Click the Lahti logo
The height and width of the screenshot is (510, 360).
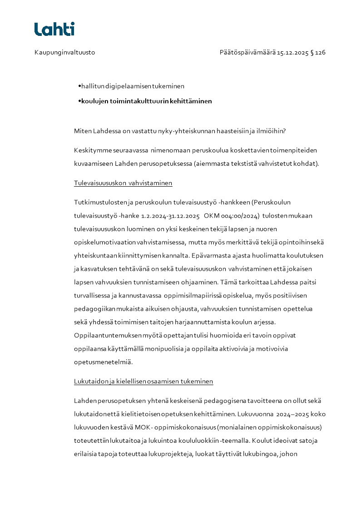pyautogui.click(x=54, y=29)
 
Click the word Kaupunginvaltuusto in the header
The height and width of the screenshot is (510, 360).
pyautogui.click(x=64, y=53)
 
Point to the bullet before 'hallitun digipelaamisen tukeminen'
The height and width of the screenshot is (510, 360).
pyautogui.click(x=79, y=85)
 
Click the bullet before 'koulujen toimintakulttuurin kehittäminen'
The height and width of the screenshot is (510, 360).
pyautogui.click(x=79, y=101)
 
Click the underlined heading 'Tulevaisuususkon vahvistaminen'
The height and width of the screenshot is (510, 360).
pyautogui.click(x=123, y=183)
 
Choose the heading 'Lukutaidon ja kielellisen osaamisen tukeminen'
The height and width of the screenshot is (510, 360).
pyautogui.click(x=143, y=381)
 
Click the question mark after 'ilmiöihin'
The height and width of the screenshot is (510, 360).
pyautogui.click(x=284, y=131)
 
